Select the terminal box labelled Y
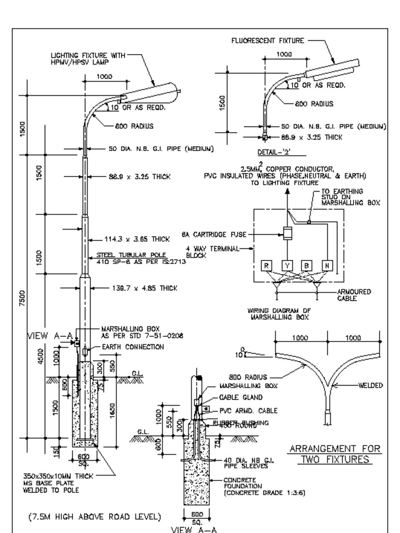pyautogui.click(x=287, y=266)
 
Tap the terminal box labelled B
pyautogui.click(x=307, y=266)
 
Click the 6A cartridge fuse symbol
pyautogui.click(x=287, y=234)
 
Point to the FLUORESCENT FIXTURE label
pyautogui.click(x=268, y=41)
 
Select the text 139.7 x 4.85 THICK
pyautogui.click(x=144, y=288)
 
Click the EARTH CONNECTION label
pyautogui.click(x=132, y=347)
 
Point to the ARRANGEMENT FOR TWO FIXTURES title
pyautogui.click(x=334, y=454)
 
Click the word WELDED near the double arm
pyautogui.click(x=370, y=386)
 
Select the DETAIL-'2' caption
pyautogui.click(x=273, y=152)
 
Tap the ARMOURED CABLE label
pyautogui.click(x=354, y=295)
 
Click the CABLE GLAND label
pyautogui.click(x=240, y=398)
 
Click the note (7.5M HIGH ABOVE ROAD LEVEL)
pyautogui.click(x=94, y=517)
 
